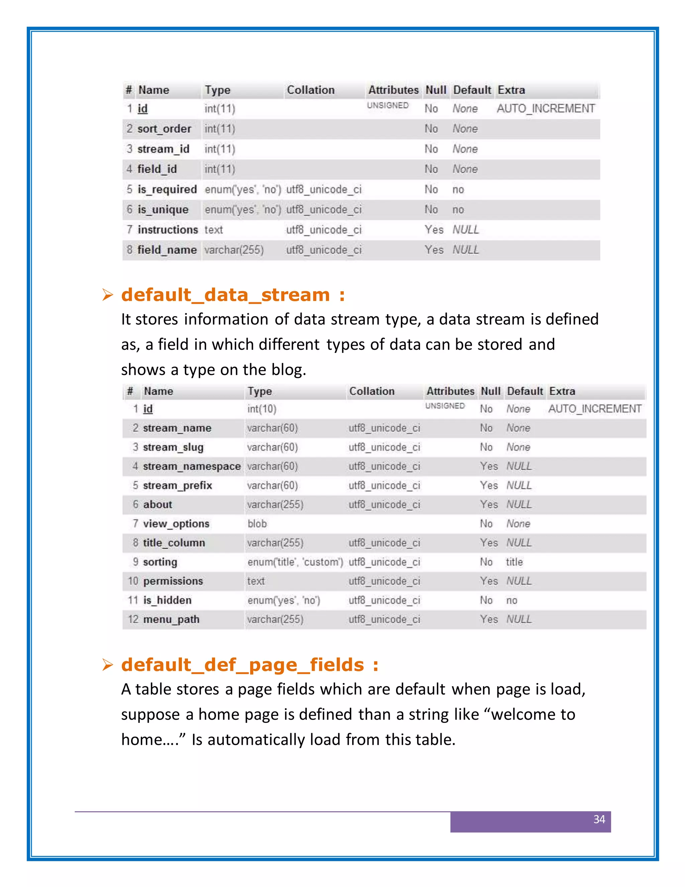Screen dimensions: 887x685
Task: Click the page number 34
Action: click(x=599, y=819)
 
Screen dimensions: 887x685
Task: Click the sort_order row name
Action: click(x=164, y=129)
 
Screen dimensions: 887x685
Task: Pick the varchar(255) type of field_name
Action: click(x=234, y=250)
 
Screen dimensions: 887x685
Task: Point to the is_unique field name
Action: click(x=163, y=210)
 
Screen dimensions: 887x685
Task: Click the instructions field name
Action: click(x=168, y=230)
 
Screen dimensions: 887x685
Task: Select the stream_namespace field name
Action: click(x=192, y=466)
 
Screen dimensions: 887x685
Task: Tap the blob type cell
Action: click(x=257, y=523)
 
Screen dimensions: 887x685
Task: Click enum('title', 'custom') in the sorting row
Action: click(x=295, y=562)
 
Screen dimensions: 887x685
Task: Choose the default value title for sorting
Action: click(x=514, y=562)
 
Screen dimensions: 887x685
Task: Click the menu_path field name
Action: click(x=171, y=619)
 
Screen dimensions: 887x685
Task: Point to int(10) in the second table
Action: click(x=262, y=409)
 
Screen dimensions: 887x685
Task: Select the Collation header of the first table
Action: click(x=310, y=90)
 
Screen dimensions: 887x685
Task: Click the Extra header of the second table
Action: click(x=562, y=391)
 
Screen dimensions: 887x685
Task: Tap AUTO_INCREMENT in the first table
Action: click(x=546, y=108)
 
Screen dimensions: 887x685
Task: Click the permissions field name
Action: click(x=173, y=581)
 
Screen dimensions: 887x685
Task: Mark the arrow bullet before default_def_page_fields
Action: click(x=108, y=665)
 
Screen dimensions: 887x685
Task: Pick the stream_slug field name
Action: click(x=173, y=447)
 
